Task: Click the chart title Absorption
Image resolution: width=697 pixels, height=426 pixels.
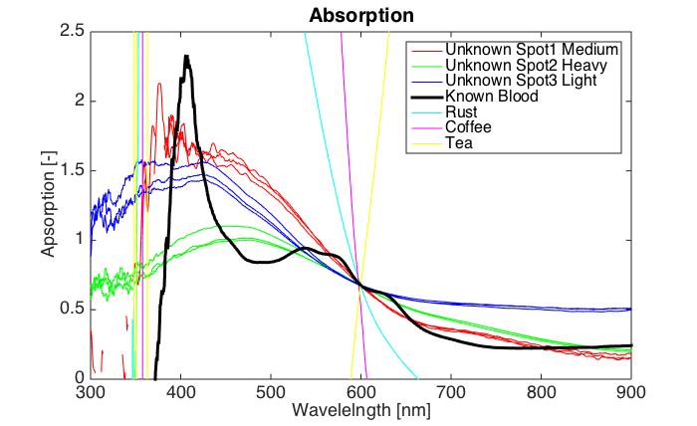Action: (361, 16)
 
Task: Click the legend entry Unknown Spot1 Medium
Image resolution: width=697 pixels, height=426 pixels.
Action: (533, 49)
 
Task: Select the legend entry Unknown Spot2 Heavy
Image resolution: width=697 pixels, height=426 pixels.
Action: (529, 65)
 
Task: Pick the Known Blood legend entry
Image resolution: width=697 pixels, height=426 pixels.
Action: (491, 97)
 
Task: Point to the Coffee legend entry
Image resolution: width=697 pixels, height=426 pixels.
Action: (468, 127)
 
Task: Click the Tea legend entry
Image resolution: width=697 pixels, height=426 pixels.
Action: (458, 143)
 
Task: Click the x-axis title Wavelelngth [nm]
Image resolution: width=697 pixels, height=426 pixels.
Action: (361, 410)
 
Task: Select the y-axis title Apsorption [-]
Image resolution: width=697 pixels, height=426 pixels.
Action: (49, 205)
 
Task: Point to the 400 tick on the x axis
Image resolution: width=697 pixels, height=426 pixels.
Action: (180, 391)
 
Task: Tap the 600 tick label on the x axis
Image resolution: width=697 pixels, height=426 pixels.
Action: (360, 391)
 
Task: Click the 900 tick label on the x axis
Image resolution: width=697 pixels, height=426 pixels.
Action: (631, 391)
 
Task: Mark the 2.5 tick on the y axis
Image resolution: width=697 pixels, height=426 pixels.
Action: (71, 32)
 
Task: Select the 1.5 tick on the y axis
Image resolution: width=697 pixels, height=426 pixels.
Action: (71, 170)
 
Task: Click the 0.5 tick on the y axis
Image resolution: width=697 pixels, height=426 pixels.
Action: (71, 309)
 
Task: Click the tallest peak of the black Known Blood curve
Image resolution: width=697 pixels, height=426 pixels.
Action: (186, 57)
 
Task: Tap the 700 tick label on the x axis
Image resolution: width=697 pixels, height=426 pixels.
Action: (451, 391)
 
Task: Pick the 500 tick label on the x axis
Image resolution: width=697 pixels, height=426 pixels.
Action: (271, 391)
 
